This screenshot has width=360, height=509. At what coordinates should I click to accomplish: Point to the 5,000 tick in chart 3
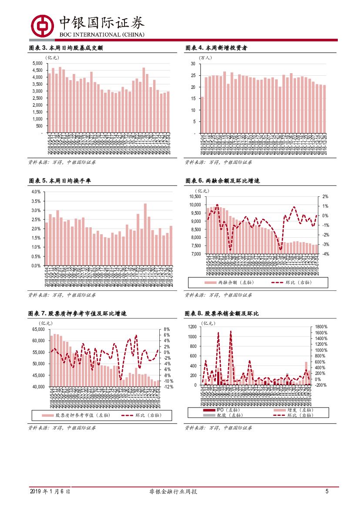pyautogui.click(x=37, y=64)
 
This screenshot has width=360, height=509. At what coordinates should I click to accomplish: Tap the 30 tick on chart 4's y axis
pyautogui.click(x=192, y=64)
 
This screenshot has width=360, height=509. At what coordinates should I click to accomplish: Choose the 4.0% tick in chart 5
pyautogui.click(x=36, y=192)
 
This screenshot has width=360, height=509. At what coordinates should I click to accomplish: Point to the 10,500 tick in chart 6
pyautogui.click(x=195, y=197)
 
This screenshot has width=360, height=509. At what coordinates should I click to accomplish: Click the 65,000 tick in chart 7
pyautogui.click(x=39, y=330)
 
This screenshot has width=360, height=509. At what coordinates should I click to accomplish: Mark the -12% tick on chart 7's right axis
pyautogui.click(x=169, y=387)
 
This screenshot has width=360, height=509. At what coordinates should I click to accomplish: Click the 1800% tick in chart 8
pyautogui.click(x=321, y=327)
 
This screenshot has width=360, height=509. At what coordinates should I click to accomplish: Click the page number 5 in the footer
pyautogui.click(x=326, y=492)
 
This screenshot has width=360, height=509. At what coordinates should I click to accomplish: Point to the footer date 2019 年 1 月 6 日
pyautogui.click(x=50, y=492)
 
